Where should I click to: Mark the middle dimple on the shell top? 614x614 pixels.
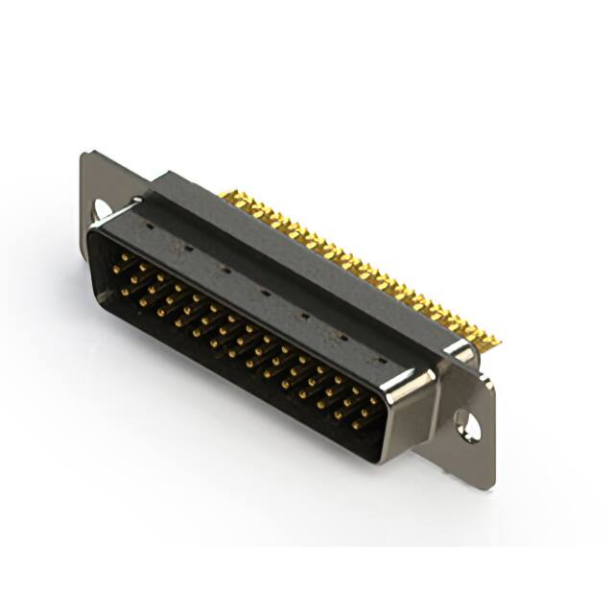(263, 292)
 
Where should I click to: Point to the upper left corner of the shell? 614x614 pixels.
(96, 223)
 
